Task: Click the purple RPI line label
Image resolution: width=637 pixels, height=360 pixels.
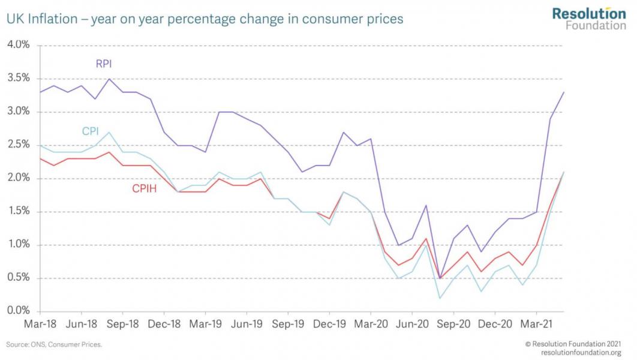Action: pos(104,63)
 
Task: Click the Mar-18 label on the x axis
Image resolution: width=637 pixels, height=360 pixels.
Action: pos(40,324)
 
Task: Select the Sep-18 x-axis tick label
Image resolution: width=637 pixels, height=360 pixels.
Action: pos(122,324)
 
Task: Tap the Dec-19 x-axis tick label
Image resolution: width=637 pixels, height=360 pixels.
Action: pos(329,324)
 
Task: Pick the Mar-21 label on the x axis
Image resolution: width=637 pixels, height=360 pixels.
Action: pos(536,324)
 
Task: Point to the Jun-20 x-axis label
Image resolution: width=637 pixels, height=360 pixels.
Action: pos(412,324)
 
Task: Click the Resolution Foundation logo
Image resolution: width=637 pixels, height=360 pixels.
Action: pos(588,18)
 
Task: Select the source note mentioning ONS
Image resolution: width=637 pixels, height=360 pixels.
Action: pos(54,345)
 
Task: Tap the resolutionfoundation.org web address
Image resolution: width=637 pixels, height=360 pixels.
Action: pos(581,352)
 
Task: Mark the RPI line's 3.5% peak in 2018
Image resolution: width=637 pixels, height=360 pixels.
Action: pos(109,79)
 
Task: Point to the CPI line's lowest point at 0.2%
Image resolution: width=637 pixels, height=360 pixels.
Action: pos(440,298)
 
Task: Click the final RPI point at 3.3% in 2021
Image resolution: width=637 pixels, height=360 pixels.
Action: pos(564,92)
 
